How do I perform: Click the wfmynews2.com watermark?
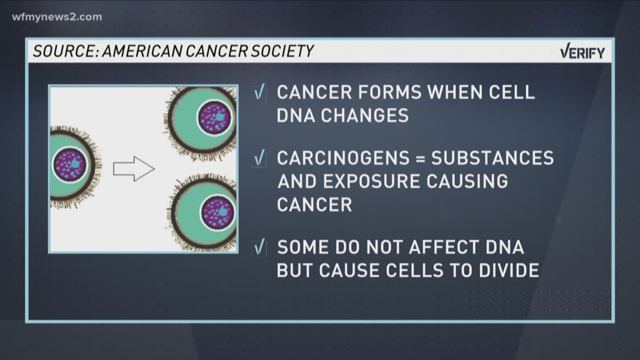[x=57, y=17]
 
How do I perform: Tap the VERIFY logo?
[x=582, y=53]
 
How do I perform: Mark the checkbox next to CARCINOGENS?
[x=259, y=158]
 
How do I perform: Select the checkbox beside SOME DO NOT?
[x=259, y=247]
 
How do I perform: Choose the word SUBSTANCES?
[x=492, y=158]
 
